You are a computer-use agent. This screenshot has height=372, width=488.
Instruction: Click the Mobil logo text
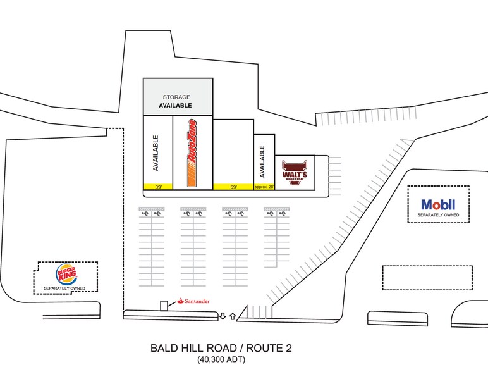(438, 205)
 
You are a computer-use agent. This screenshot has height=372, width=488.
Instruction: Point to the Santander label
(194, 301)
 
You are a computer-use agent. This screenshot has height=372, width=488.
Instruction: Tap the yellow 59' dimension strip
(233, 187)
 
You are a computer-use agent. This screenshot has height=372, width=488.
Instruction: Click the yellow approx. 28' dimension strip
(264, 187)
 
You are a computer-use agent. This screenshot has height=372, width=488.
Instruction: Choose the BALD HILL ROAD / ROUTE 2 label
(221, 349)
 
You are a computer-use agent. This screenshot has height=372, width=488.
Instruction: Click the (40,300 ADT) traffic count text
(221, 361)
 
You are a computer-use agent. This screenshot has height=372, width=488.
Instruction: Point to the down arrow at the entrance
(223, 315)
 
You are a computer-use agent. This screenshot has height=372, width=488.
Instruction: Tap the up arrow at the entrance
(232, 315)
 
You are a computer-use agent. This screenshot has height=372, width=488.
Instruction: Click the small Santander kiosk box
(164, 306)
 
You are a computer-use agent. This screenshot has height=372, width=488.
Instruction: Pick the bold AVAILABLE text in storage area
(175, 106)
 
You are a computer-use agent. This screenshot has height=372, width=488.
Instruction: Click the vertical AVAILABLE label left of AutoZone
(156, 152)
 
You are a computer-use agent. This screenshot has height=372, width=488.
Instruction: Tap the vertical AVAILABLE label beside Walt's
(262, 161)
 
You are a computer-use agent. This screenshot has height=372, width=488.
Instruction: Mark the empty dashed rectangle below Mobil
(427, 277)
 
